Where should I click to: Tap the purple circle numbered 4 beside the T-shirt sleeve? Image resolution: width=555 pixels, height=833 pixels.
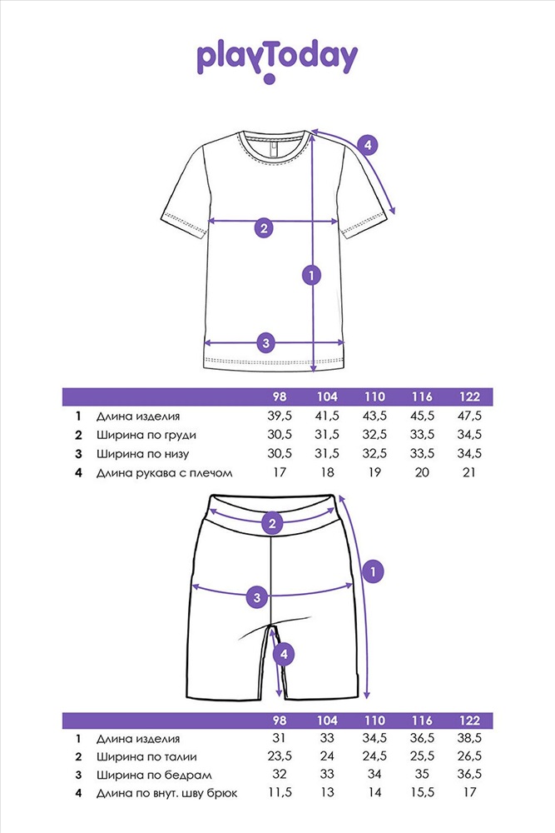(367, 144)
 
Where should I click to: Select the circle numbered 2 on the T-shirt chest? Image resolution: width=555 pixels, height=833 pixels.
(264, 228)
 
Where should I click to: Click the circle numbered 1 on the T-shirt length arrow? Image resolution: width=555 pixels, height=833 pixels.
(311, 275)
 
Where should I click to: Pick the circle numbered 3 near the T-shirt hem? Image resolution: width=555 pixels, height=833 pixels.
(265, 342)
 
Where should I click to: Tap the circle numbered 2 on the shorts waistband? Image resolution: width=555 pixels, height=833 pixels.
(272, 523)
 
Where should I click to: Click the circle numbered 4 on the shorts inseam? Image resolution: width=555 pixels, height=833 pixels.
(284, 654)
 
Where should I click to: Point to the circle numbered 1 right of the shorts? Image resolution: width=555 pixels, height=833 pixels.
(373, 571)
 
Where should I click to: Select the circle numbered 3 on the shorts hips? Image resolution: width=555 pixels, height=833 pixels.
(257, 597)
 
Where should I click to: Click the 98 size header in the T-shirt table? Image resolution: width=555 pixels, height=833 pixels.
(279, 397)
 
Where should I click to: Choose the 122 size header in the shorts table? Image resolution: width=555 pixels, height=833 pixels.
(469, 721)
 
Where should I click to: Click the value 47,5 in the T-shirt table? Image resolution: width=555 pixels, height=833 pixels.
(469, 416)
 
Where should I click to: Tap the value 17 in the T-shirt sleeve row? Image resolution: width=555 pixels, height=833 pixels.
(279, 472)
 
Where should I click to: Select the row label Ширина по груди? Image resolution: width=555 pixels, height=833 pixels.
(146, 435)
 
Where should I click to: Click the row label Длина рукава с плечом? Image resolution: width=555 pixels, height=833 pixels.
(165, 473)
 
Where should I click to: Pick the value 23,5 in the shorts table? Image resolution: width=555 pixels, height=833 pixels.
(279, 756)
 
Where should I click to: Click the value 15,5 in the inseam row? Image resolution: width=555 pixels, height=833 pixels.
(422, 793)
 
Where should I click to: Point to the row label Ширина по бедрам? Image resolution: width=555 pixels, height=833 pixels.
(154, 775)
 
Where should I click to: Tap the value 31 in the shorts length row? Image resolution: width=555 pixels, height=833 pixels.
(279, 738)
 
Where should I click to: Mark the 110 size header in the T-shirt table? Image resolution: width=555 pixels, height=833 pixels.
(374, 397)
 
